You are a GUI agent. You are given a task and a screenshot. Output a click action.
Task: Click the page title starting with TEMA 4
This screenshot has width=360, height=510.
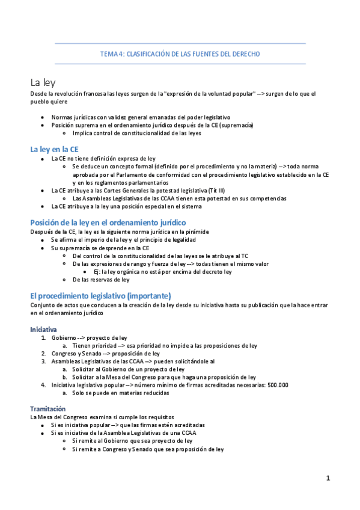click(x=180, y=54)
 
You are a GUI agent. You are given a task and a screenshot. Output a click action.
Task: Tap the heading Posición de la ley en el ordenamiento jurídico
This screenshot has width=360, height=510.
click(x=108, y=222)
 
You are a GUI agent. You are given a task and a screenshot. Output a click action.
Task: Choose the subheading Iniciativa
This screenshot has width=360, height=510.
click(x=43, y=330)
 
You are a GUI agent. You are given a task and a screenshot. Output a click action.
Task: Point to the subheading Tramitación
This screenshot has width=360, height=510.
click(x=47, y=392)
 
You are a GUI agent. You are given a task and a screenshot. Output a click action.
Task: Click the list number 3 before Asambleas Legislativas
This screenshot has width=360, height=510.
click(x=43, y=353)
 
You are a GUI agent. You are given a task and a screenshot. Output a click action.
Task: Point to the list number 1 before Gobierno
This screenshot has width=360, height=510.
click(x=43, y=338)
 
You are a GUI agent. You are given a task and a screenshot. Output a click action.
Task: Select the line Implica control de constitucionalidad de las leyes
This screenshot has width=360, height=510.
click(x=136, y=133)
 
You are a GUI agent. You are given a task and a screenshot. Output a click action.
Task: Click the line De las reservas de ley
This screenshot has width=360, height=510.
click(x=100, y=280)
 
